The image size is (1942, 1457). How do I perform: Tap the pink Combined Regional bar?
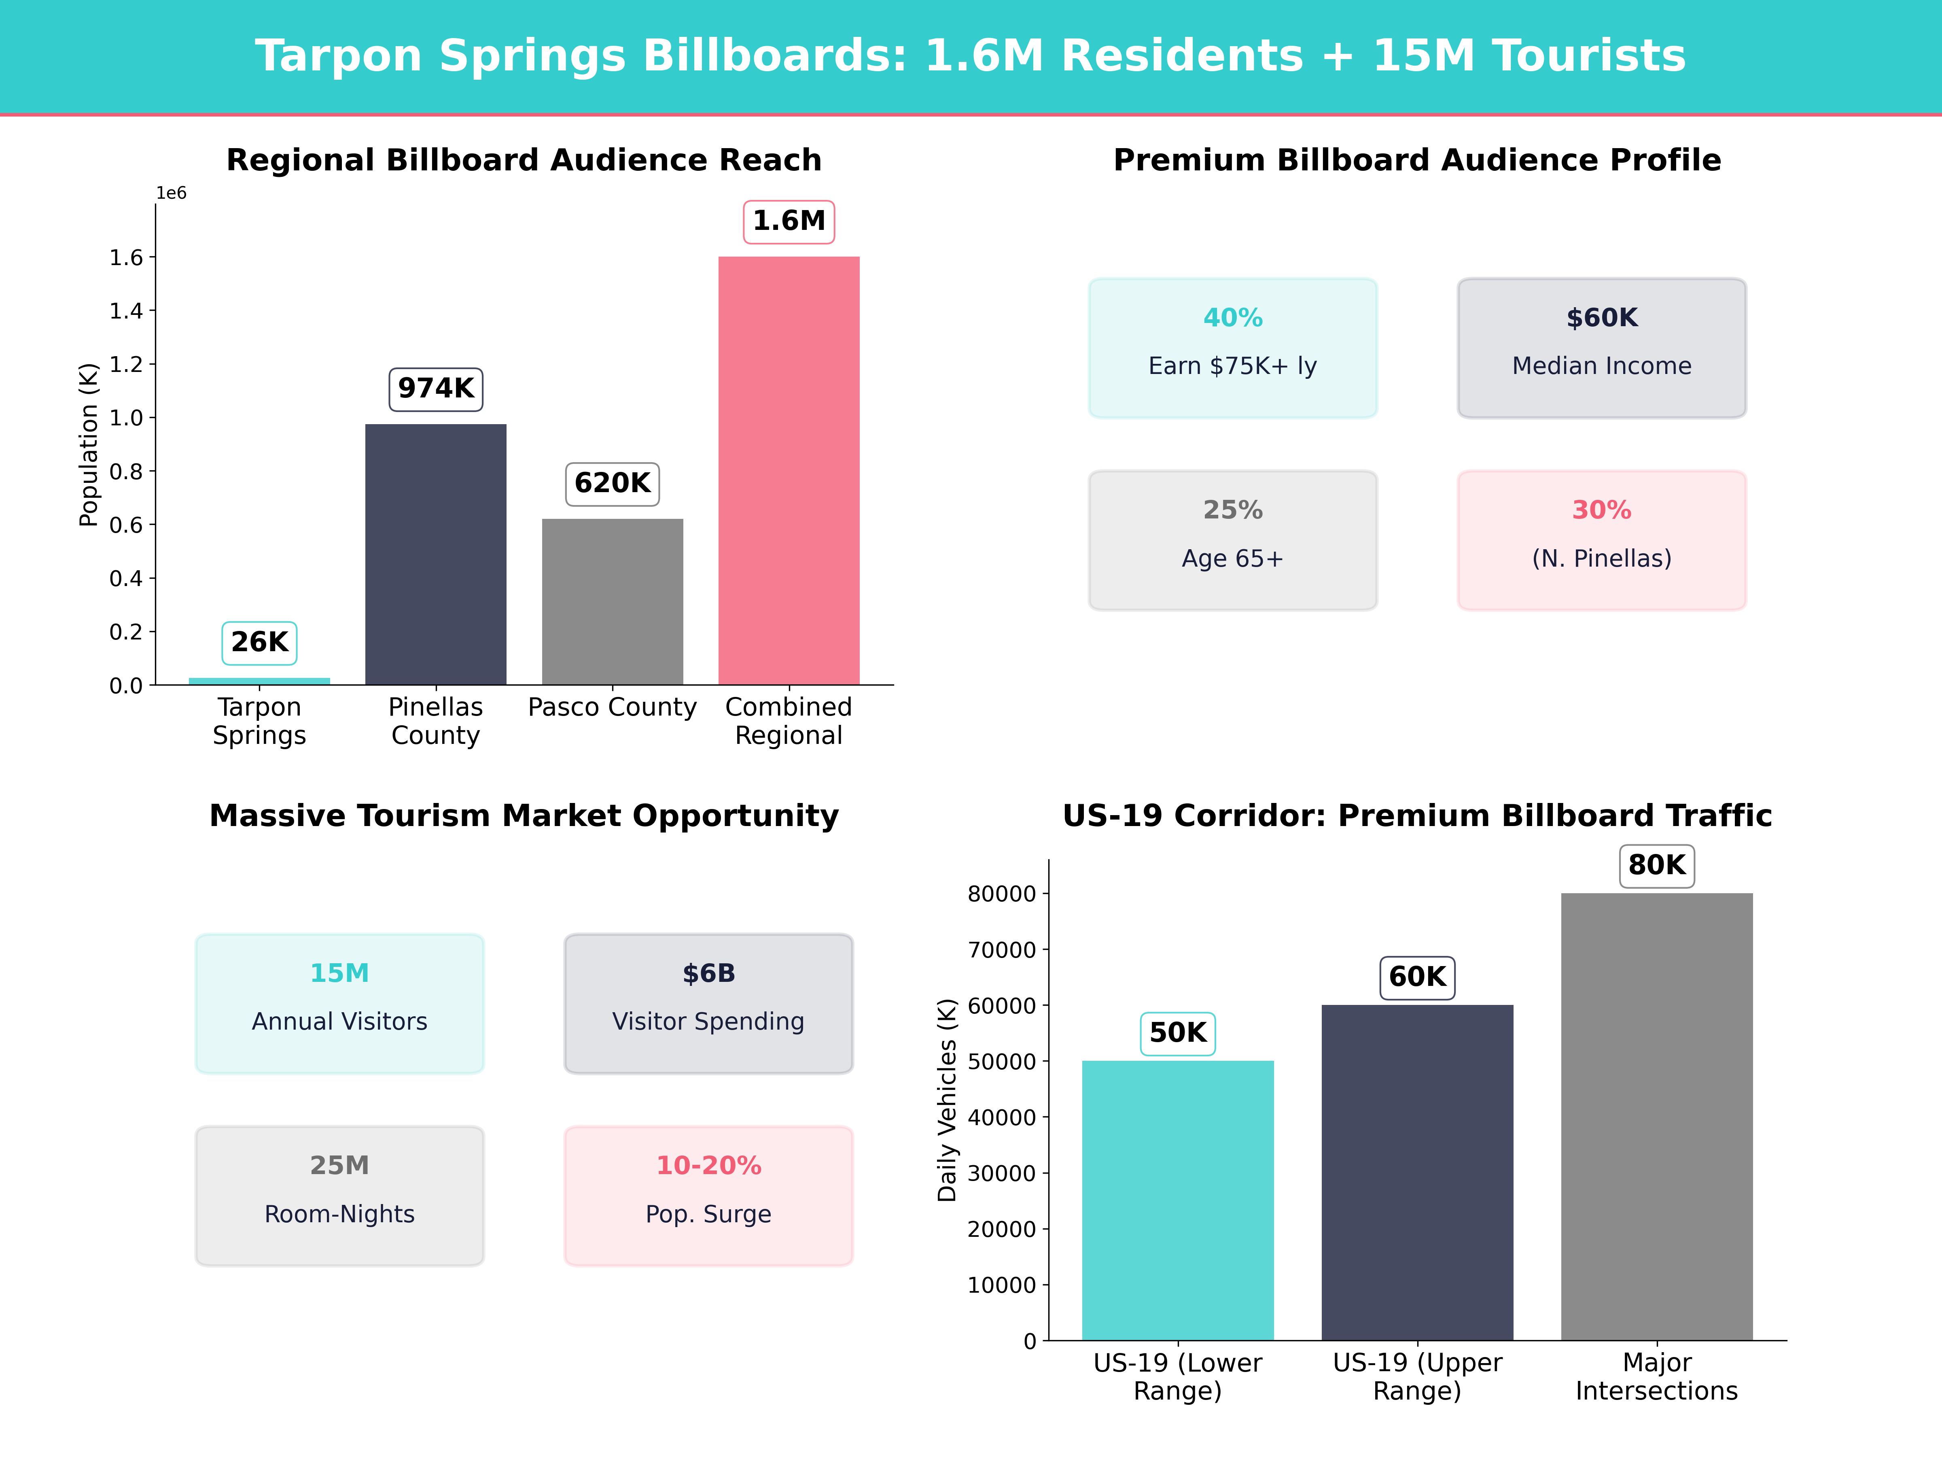tap(789, 471)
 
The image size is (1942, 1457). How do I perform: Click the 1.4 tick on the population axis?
tap(125, 311)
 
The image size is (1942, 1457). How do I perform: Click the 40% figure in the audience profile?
tap(1233, 318)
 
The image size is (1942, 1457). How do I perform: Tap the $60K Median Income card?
tap(1601, 348)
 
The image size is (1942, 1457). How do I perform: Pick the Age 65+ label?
tap(1233, 559)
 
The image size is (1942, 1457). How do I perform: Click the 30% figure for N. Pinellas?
tap(1601, 510)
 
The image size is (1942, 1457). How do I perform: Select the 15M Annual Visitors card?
tap(340, 1003)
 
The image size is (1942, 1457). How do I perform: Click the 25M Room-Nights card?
tap(340, 1195)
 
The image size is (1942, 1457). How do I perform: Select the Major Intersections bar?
tap(1657, 1116)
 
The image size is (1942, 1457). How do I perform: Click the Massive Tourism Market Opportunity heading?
tap(524, 816)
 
